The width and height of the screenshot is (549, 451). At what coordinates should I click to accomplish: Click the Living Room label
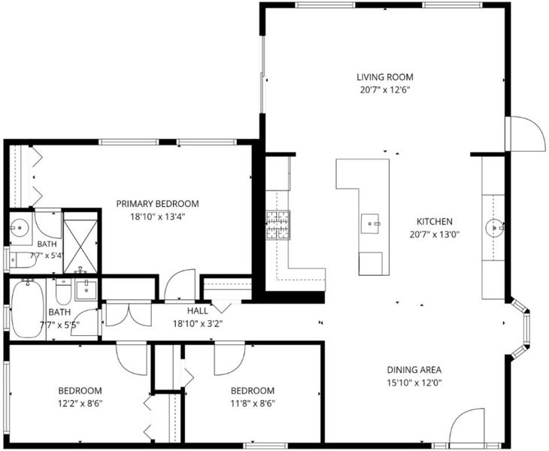(385, 77)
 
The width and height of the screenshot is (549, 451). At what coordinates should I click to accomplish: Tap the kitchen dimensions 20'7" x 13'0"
(435, 235)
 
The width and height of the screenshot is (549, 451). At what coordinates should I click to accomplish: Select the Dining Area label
(414, 370)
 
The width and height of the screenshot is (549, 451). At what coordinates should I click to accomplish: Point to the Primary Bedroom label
(158, 204)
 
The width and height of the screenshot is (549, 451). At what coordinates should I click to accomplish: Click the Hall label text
(198, 310)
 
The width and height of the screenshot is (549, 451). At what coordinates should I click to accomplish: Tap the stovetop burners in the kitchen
(278, 225)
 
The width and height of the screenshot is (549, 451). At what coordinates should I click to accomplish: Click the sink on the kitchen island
(370, 223)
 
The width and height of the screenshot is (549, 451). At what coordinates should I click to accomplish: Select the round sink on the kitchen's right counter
(494, 228)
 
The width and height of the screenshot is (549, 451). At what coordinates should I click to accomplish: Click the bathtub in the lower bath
(27, 309)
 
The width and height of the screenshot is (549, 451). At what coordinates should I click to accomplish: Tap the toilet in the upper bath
(22, 260)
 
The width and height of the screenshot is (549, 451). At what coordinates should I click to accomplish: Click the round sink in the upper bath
(20, 228)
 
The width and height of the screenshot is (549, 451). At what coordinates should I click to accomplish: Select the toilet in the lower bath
(64, 291)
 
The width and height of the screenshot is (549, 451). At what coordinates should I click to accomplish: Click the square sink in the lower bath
(86, 289)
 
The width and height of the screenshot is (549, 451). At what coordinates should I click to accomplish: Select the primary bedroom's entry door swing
(180, 284)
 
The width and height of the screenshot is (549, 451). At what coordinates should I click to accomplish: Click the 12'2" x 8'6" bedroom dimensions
(80, 404)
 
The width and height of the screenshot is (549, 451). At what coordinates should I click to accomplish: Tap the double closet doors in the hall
(129, 313)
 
